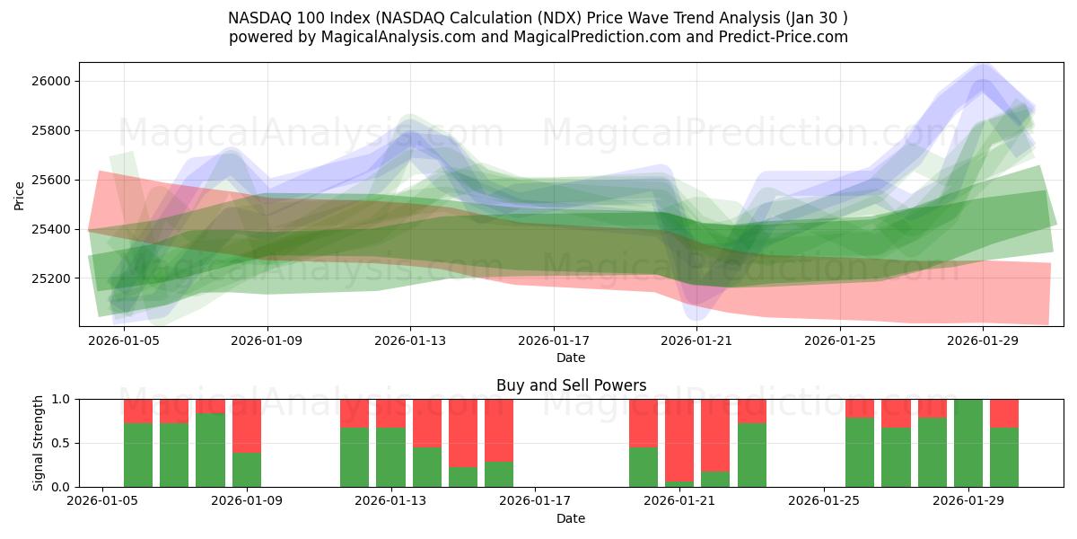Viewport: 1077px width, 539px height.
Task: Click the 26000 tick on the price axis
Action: pyautogui.click(x=51, y=81)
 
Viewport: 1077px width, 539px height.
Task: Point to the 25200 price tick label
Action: pyautogui.click(x=51, y=278)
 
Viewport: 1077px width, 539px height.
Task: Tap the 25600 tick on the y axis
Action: pyautogui.click(x=51, y=180)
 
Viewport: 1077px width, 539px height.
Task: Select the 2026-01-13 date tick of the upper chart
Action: pyautogui.click(x=410, y=340)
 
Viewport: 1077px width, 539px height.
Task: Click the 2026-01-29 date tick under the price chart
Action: pyautogui.click(x=983, y=340)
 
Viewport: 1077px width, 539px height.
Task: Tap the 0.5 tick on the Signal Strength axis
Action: pyautogui.click(x=63, y=443)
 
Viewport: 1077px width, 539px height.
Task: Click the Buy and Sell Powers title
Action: pyautogui.click(x=571, y=385)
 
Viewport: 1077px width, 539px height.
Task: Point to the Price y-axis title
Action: pyautogui.click(x=20, y=195)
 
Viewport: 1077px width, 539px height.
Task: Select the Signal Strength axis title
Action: pyautogui.click(x=38, y=443)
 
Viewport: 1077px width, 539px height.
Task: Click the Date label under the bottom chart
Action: pyautogui.click(x=571, y=518)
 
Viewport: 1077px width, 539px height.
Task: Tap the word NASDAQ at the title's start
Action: pyautogui.click(x=258, y=18)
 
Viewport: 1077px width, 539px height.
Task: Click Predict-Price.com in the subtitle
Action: pyautogui.click(x=791, y=37)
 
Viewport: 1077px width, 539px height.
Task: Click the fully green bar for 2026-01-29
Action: pyautogui.click(x=968, y=443)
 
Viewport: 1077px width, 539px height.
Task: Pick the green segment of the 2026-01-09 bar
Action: pyautogui.click(x=247, y=470)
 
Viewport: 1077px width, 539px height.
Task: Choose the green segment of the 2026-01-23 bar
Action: pyautogui.click(x=752, y=455)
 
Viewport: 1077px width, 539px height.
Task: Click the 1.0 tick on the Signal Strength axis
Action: pyautogui.click(x=63, y=399)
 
